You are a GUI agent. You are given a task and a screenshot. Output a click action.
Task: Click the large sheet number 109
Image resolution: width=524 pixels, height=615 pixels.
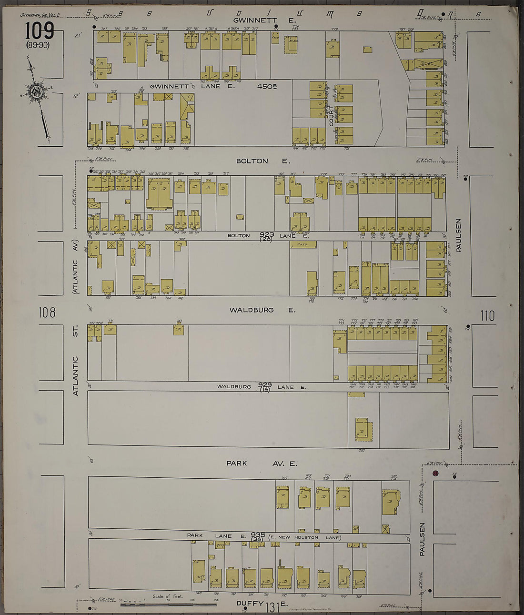click(x=40, y=31)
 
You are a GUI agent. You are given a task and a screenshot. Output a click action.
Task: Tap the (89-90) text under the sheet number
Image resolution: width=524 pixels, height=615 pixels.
click(x=38, y=46)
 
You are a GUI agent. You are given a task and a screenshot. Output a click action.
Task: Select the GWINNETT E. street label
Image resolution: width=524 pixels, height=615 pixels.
click(x=264, y=20)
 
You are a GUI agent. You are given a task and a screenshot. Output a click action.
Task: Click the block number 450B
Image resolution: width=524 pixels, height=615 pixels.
click(x=267, y=87)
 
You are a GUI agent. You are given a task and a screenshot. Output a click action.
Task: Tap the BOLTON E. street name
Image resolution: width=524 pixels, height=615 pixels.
click(x=261, y=161)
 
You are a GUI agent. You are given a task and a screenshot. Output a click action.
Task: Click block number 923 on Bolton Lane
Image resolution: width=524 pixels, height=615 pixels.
click(x=266, y=234)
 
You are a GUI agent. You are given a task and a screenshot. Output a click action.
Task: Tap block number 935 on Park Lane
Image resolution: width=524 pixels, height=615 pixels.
click(x=258, y=535)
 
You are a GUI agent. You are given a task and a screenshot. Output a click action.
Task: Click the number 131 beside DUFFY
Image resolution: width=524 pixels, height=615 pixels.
click(x=272, y=606)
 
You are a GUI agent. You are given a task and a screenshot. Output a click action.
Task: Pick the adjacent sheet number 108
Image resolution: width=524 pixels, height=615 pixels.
click(x=47, y=313)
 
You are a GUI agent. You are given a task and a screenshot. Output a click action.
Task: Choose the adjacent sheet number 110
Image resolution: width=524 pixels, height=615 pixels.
click(x=487, y=315)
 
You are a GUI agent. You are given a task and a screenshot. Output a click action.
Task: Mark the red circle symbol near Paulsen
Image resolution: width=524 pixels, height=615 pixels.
click(x=435, y=473)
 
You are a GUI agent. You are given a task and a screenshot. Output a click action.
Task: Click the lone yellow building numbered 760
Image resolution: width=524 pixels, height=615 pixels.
click(x=362, y=429)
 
